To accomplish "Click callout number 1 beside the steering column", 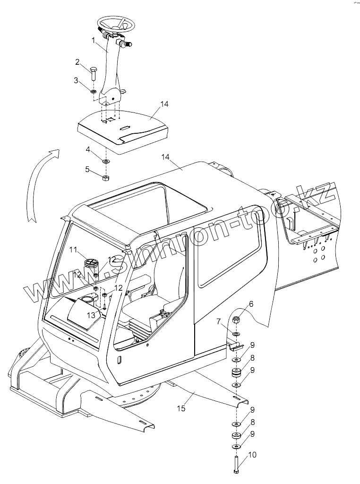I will [x=94, y=42].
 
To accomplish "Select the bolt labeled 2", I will [x=93, y=73].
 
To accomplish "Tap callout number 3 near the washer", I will [x=76, y=80].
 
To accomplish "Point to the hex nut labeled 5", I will [x=106, y=177].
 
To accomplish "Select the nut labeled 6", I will [x=237, y=320].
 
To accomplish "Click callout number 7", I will [x=219, y=322].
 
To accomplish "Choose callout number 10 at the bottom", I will [x=252, y=455].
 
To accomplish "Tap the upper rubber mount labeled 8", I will [x=236, y=373].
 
